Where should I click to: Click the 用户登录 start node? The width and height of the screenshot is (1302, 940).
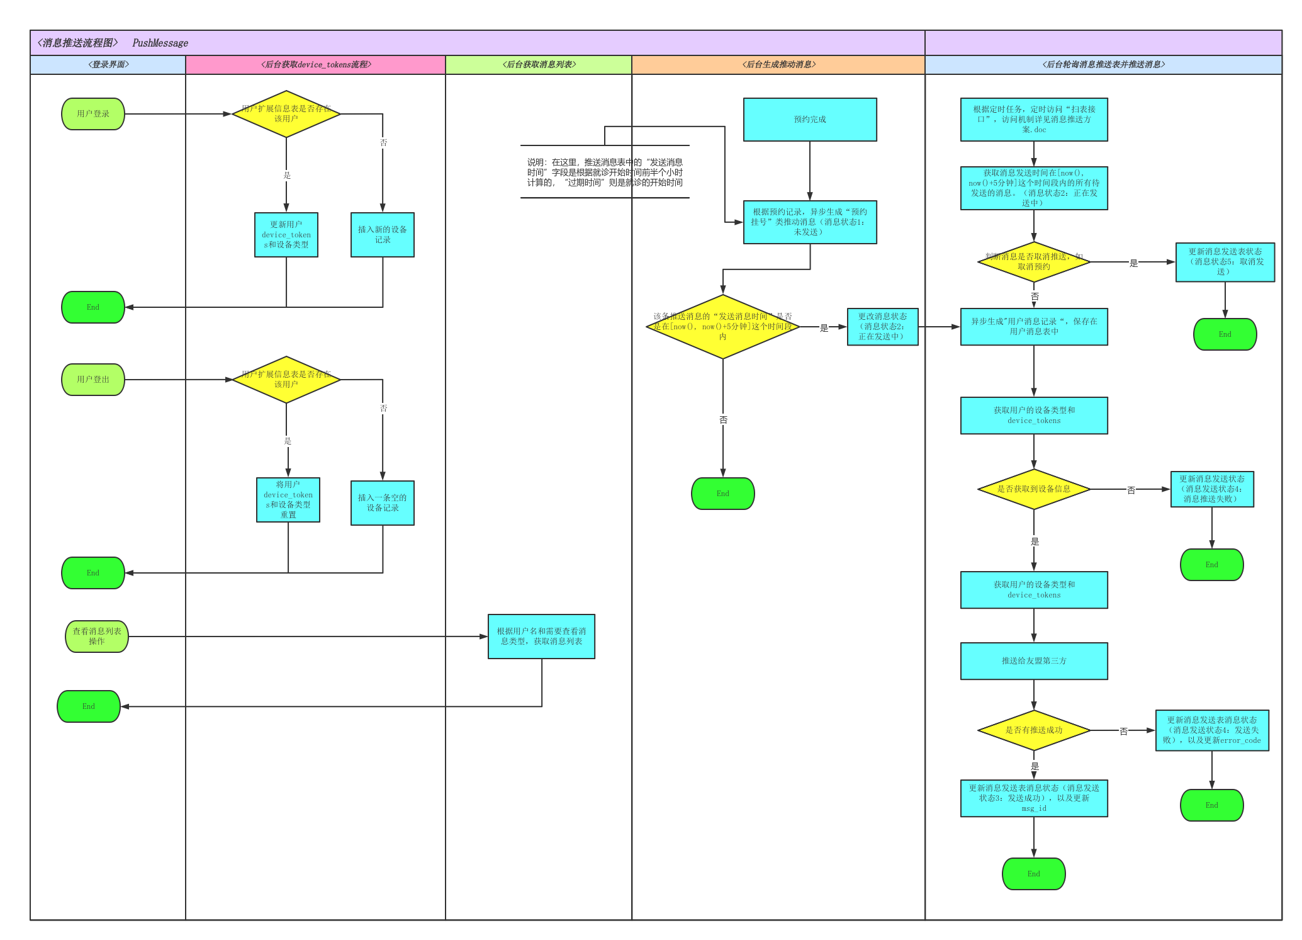(x=93, y=114)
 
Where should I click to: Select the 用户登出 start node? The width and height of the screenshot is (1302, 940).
(x=93, y=380)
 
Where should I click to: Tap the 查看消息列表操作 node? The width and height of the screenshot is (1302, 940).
(x=97, y=637)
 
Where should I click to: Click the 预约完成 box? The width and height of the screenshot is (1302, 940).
(x=810, y=120)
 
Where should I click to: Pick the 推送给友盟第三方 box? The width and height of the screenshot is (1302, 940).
(x=1034, y=661)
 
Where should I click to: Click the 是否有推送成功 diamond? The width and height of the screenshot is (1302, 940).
(x=1034, y=730)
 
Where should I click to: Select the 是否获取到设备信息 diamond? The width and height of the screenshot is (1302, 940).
(x=1034, y=489)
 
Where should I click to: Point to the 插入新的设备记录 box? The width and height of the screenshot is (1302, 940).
(x=383, y=235)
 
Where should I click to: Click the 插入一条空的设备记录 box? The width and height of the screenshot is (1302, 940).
(x=383, y=503)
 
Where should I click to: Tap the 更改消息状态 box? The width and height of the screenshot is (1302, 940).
(x=882, y=327)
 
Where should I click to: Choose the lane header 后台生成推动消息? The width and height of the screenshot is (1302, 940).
(x=778, y=65)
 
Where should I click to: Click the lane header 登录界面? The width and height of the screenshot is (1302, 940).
(x=108, y=65)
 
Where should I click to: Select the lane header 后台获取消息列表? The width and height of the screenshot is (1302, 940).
(x=539, y=65)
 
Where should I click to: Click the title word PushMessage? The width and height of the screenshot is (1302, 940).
(x=160, y=43)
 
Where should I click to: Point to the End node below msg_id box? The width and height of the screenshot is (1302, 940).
(x=1034, y=874)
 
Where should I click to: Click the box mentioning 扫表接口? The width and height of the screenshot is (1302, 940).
(x=1034, y=120)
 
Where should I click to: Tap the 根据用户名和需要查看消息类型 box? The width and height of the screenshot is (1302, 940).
(x=541, y=637)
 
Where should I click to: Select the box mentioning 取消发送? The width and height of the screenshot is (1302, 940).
(x=1225, y=262)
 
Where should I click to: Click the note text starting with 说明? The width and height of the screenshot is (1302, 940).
(x=605, y=173)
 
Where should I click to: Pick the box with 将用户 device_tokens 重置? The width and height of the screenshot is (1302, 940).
(x=288, y=500)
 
